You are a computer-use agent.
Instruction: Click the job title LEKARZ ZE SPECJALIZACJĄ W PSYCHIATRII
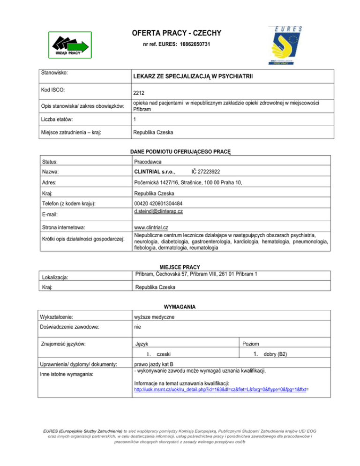[193, 76]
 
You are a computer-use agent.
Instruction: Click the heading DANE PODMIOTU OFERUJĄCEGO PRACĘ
[180, 151]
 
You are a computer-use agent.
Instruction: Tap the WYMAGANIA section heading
[180, 307]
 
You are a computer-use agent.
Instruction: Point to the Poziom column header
[251, 345]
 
